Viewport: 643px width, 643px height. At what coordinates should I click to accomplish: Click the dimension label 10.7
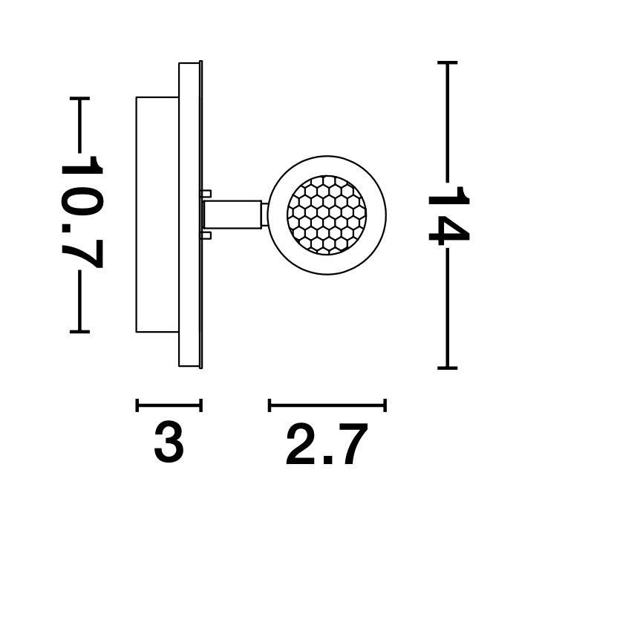[82, 212]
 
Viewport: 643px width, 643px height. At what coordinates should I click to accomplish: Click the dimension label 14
[448, 215]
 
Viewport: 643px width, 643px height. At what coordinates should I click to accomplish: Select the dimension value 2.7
[327, 445]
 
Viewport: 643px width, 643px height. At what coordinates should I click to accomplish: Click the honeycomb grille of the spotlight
[327, 215]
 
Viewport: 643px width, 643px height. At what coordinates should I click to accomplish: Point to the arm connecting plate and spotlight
[232, 215]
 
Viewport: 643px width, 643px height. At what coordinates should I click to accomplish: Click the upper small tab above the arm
[206, 193]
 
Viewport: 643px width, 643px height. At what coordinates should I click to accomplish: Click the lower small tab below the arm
[206, 235]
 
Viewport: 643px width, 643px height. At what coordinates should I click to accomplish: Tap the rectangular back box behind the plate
[157, 215]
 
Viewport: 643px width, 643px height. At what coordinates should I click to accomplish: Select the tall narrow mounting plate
[190, 215]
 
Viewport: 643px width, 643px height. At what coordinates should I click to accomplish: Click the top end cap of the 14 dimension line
[448, 63]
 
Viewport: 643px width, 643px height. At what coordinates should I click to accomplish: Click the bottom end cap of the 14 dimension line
[448, 368]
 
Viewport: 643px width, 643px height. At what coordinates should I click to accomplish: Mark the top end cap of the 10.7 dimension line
[79, 99]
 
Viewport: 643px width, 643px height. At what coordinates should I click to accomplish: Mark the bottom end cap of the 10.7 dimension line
[79, 331]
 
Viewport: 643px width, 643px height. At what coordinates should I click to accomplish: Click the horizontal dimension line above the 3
[169, 405]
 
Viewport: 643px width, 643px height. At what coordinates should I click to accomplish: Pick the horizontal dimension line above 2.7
[327, 405]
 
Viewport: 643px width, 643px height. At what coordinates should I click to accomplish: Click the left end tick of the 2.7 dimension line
[270, 405]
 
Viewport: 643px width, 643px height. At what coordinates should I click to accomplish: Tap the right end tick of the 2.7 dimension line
[385, 405]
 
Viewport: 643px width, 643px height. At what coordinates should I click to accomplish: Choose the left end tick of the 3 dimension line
[137, 405]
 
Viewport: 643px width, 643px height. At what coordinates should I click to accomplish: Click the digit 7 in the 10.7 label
[82, 254]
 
